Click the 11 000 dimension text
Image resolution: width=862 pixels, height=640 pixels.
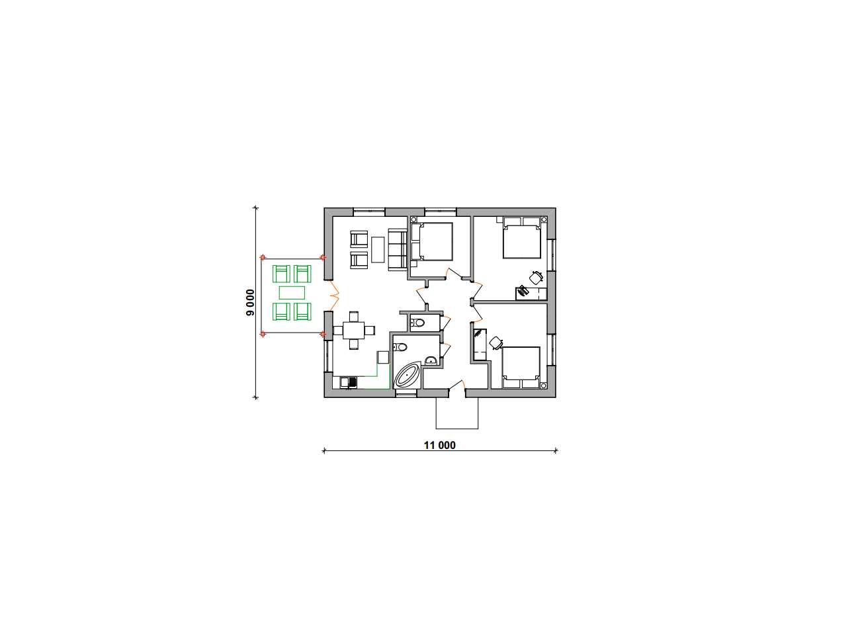click(439, 446)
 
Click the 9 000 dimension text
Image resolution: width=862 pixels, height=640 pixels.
click(251, 302)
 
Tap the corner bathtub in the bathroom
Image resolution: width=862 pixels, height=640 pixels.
click(407, 376)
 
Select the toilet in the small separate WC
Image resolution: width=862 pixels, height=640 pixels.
click(417, 323)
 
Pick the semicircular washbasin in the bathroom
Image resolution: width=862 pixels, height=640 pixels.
click(431, 360)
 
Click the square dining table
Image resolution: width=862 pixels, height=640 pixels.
click(354, 331)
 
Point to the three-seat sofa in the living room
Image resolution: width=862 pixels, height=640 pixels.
click(397, 249)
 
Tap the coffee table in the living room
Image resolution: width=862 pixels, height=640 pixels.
click(377, 249)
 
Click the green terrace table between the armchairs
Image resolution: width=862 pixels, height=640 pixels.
click(292, 293)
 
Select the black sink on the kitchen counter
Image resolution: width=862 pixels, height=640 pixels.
click(81, 383)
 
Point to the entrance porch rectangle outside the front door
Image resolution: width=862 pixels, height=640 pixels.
click(456, 413)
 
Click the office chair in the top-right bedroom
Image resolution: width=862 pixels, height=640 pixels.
click(537, 278)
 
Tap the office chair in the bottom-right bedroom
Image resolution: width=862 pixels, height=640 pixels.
click(496, 342)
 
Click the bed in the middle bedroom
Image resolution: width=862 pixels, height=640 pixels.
click(432, 241)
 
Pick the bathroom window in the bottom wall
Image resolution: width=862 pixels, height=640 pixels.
click(406, 393)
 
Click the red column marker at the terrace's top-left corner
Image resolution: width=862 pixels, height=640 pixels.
click(263, 257)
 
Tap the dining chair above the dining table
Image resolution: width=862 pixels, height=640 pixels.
click(354, 316)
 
